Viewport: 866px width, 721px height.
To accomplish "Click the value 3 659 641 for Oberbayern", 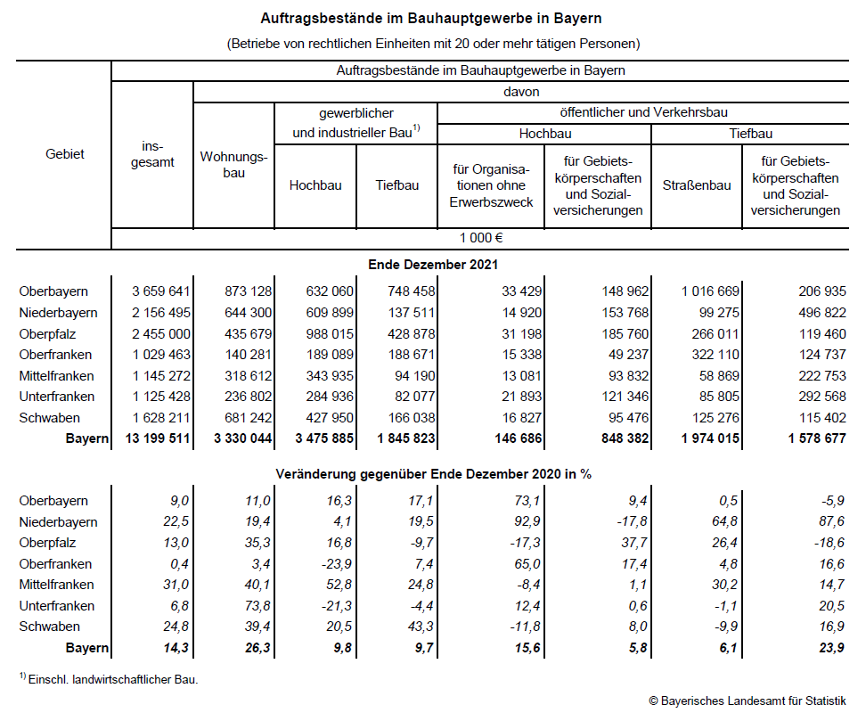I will [161, 291].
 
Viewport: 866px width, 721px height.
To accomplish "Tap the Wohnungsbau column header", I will [233, 164].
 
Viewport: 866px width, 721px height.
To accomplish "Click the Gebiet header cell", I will [65, 153].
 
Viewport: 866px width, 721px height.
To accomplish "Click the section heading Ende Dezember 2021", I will [433, 264].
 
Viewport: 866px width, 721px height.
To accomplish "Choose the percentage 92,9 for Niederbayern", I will [519, 522].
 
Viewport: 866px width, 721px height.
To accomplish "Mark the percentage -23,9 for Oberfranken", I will [337, 564].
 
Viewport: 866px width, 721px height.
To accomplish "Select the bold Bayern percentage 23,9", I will [831, 648].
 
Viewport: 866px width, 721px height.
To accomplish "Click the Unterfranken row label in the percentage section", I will [57, 606].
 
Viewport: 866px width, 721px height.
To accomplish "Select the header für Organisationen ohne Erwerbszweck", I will [490, 185].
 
